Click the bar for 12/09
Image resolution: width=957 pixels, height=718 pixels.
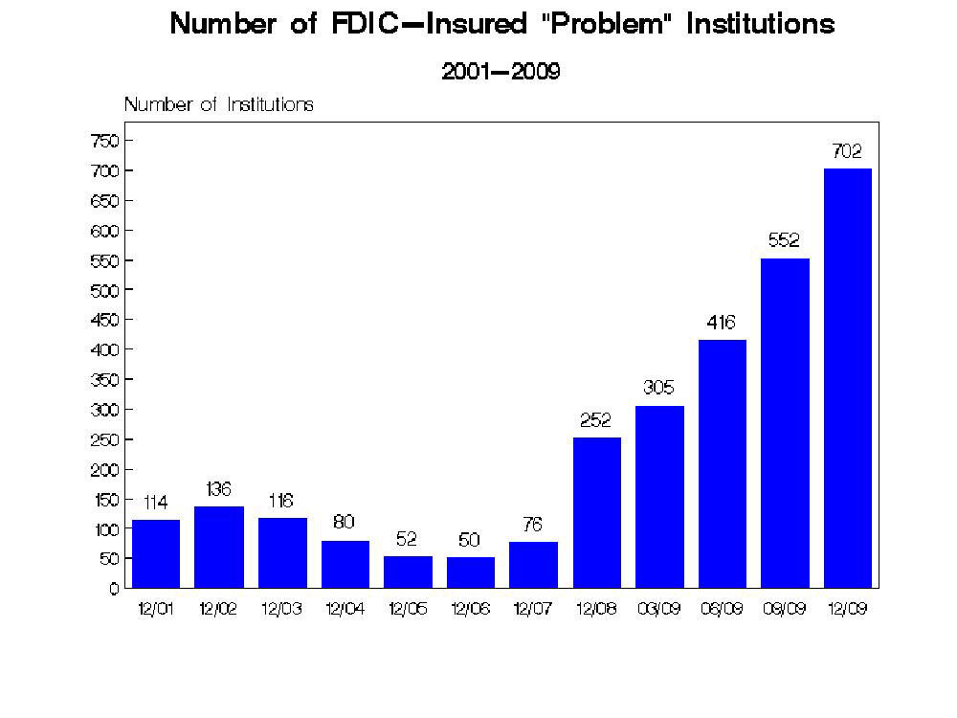[x=847, y=378]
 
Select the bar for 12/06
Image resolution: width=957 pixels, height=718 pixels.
[x=470, y=572]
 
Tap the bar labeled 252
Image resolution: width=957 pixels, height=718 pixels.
[x=596, y=512]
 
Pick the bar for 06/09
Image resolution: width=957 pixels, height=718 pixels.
[x=722, y=463]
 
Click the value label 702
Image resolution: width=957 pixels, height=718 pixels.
[x=847, y=150]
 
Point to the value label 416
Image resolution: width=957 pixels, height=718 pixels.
[x=722, y=322]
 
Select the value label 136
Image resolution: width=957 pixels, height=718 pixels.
[x=218, y=489]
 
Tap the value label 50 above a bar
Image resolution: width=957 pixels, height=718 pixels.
[x=469, y=540]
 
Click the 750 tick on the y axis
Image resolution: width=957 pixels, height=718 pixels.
[x=104, y=141]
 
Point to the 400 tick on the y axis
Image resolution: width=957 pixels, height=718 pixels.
[x=104, y=349]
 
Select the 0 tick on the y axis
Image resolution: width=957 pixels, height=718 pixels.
[x=113, y=588]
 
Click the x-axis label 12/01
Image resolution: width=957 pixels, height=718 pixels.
[x=155, y=610]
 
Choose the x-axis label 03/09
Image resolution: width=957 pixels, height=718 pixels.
[x=658, y=610]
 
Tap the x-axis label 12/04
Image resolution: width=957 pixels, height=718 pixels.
[x=345, y=610]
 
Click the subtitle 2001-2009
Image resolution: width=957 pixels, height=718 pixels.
[x=501, y=71]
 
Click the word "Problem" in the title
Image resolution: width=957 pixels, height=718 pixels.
[x=601, y=25]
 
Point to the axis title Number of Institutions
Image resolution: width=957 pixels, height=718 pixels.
[x=218, y=104]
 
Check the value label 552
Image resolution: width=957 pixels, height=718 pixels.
[x=784, y=241]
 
